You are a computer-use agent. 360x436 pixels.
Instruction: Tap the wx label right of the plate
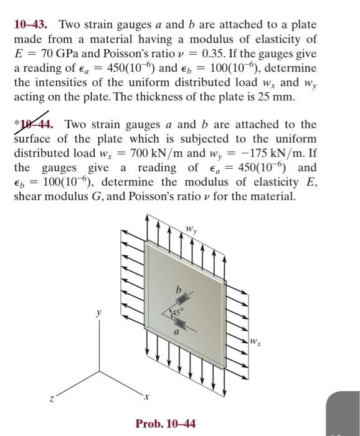point(254,341)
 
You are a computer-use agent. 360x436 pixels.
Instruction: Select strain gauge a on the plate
point(181,323)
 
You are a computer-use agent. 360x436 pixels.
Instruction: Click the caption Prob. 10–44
point(165,424)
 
